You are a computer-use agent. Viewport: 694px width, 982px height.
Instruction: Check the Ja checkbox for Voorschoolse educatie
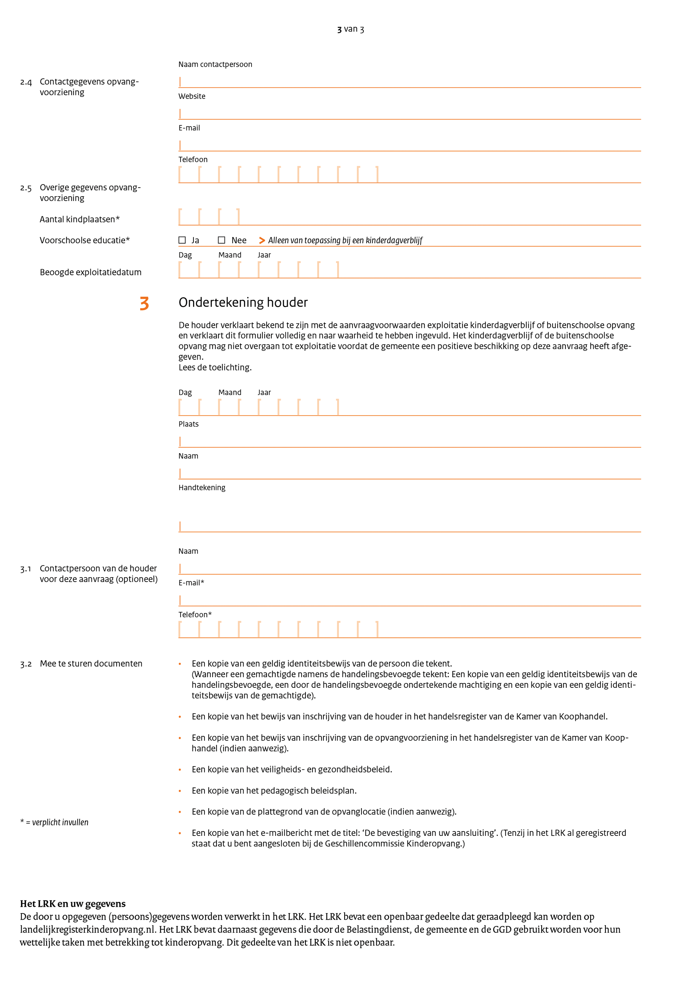click(x=182, y=241)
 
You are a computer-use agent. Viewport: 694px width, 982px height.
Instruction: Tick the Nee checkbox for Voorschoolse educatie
click(x=222, y=241)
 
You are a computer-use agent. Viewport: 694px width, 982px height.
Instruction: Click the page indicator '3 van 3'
click(x=351, y=29)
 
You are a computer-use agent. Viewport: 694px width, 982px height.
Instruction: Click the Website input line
click(x=409, y=114)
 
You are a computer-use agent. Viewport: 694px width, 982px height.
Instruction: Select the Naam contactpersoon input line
click(x=409, y=82)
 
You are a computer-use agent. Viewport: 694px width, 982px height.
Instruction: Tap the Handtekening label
click(x=202, y=488)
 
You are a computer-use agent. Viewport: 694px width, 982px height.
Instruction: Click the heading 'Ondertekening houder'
click(x=243, y=302)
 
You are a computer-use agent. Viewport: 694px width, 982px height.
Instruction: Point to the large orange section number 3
click(x=145, y=303)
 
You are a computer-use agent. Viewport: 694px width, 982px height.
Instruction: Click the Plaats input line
click(x=409, y=442)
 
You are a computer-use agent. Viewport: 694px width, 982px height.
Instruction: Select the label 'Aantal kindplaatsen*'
click(x=80, y=219)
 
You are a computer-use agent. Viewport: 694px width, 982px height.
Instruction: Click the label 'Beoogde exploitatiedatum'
click(x=90, y=273)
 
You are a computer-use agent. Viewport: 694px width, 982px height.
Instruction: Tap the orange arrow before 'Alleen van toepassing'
click(x=262, y=241)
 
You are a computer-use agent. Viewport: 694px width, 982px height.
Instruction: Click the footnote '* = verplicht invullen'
click(x=54, y=823)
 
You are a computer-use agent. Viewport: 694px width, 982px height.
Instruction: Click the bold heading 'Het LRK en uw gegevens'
click(x=73, y=904)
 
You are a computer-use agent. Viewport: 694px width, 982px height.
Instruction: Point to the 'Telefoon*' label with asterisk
click(x=195, y=615)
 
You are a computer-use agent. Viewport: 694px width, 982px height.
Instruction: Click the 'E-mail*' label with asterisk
click(x=191, y=583)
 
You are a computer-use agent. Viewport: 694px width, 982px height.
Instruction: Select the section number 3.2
click(x=26, y=664)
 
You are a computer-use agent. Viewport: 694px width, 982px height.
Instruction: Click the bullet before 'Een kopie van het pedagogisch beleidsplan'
click(x=180, y=791)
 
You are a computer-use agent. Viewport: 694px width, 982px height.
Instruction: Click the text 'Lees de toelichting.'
click(x=215, y=367)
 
